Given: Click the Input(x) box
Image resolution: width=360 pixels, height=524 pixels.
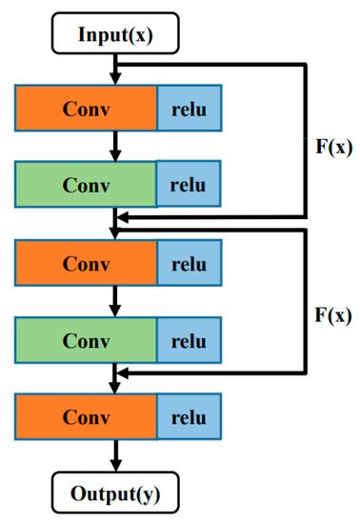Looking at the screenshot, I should pyautogui.click(x=113, y=37).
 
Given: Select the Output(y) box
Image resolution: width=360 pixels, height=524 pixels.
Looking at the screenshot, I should pyautogui.click(x=113, y=494).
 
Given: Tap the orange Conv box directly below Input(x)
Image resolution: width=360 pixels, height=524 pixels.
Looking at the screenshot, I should pyautogui.click(x=86, y=108).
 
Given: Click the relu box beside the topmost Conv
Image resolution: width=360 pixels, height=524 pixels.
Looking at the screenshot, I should pyautogui.click(x=189, y=108).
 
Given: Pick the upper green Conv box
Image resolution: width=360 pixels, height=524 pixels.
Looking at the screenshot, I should pyautogui.click(x=86, y=181).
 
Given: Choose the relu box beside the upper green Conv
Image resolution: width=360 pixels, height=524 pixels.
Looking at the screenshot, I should pyautogui.click(x=189, y=181).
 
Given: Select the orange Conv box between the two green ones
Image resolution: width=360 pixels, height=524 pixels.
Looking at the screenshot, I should pyautogui.click(x=86, y=262).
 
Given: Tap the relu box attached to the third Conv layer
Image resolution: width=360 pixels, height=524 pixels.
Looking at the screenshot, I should pyautogui.click(x=189, y=262).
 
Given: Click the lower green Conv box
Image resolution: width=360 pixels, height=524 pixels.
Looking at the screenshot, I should pyautogui.click(x=86, y=338).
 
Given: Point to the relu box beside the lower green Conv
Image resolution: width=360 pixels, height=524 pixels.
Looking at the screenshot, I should pyautogui.click(x=189, y=338).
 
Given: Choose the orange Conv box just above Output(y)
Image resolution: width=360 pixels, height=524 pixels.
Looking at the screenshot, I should pyautogui.click(x=86, y=417).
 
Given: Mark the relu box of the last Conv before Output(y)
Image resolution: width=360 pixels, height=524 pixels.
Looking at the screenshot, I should pyautogui.click(x=189, y=417).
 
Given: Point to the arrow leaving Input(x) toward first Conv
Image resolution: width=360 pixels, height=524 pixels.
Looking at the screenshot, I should pyautogui.click(x=114, y=69).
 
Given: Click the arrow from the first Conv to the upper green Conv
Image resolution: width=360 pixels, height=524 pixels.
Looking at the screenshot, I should pyautogui.click(x=114, y=145).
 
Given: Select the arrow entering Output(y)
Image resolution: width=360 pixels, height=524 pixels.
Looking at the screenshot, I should pyautogui.click(x=114, y=457).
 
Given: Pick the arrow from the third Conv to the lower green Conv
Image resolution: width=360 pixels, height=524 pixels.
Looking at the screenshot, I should pyautogui.click(x=114, y=301).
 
